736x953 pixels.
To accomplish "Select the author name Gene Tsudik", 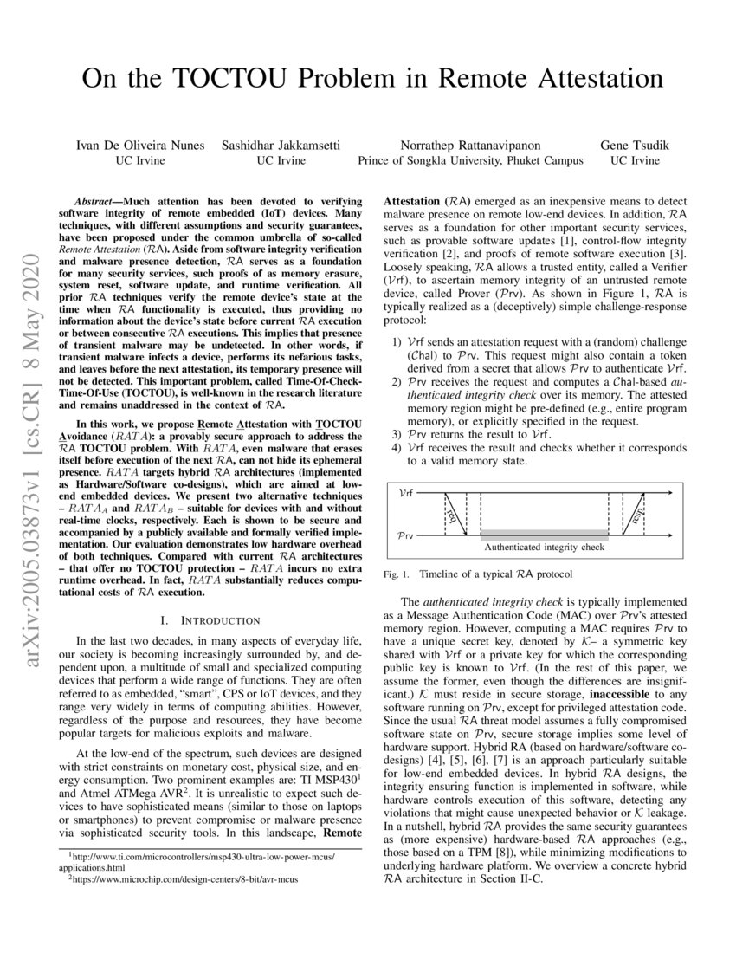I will pyautogui.click(x=635, y=144).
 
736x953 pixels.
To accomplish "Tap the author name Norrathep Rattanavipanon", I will pyautogui.click(x=470, y=144).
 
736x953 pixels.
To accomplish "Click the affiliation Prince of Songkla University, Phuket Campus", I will pyautogui.click(x=470, y=160).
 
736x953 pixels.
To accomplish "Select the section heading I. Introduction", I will pyautogui.click(x=210, y=620).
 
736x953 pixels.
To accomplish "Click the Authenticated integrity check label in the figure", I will pyautogui.click(x=544, y=548).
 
